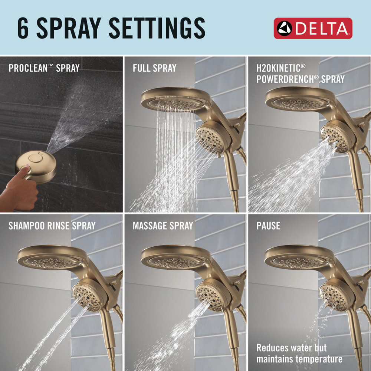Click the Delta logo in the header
pyautogui.click(x=313, y=28)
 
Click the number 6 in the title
pyautogui.click(x=23, y=29)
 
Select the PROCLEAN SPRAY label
pyautogui.click(x=44, y=68)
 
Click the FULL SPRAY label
pyautogui.click(x=154, y=68)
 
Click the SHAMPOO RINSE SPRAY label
pyautogui.click(x=52, y=226)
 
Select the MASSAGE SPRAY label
pyautogui.click(x=163, y=226)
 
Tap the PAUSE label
pyautogui.click(x=268, y=226)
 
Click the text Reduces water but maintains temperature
pyautogui.click(x=299, y=353)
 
